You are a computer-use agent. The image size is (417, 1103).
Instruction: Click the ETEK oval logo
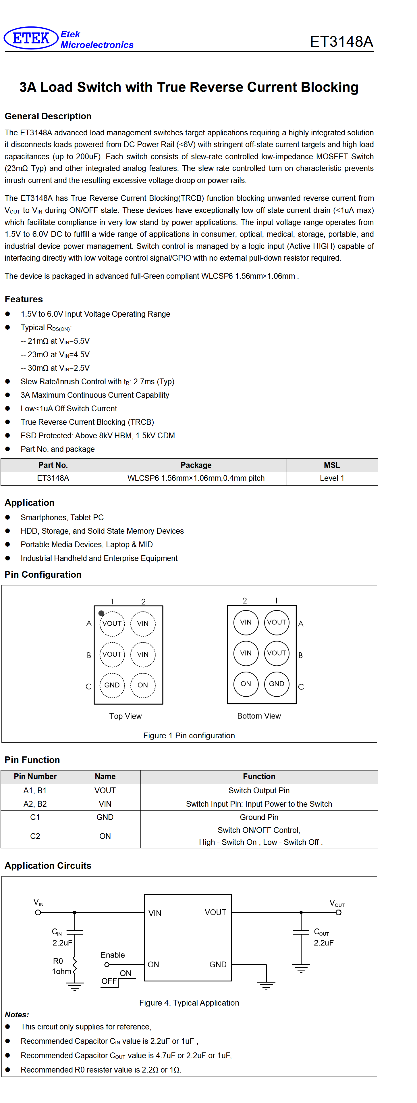pyautogui.click(x=31, y=38)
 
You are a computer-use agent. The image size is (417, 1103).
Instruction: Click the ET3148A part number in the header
pyautogui.click(x=341, y=42)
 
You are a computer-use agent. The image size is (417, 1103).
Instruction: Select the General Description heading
pyautogui.click(x=48, y=116)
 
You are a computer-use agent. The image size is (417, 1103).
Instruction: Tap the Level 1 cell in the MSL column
pyautogui.click(x=332, y=478)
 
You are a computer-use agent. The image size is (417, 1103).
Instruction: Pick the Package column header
pyautogui.click(x=196, y=465)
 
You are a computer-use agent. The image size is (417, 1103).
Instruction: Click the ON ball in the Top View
pyautogui.click(x=143, y=685)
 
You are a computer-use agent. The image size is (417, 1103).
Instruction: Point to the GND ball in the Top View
pyautogui.click(x=112, y=685)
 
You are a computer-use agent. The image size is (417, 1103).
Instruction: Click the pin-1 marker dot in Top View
pyautogui.click(x=101, y=613)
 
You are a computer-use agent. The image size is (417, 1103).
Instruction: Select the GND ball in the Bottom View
pyautogui.click(x=277, y=684)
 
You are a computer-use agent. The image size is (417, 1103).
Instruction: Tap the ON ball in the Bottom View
pyautogui.click(x=246, y=684)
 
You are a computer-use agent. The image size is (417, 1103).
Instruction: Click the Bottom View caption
pyautogui.click(x=259, y=716)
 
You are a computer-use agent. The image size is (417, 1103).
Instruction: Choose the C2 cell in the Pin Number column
pyautogui.click(x=35, y=836)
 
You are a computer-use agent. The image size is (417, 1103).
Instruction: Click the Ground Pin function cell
pyautogui.click(x=259, y=817)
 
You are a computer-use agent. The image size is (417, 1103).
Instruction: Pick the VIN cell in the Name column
pyautogui.click(x=105, y=804)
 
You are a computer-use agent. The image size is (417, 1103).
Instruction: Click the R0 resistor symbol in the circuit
pyautogui.click(x=75, y=966)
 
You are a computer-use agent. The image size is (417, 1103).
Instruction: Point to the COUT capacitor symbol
pyautogui.click(x=301, y=932)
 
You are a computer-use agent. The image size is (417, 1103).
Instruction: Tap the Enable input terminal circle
pyautogui.click(x=107, y=965)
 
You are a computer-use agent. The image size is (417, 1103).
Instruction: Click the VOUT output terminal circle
pyautogui.click(x=339, y=912)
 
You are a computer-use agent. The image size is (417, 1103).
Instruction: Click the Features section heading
pyautogui.click(x=24, y=299)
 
